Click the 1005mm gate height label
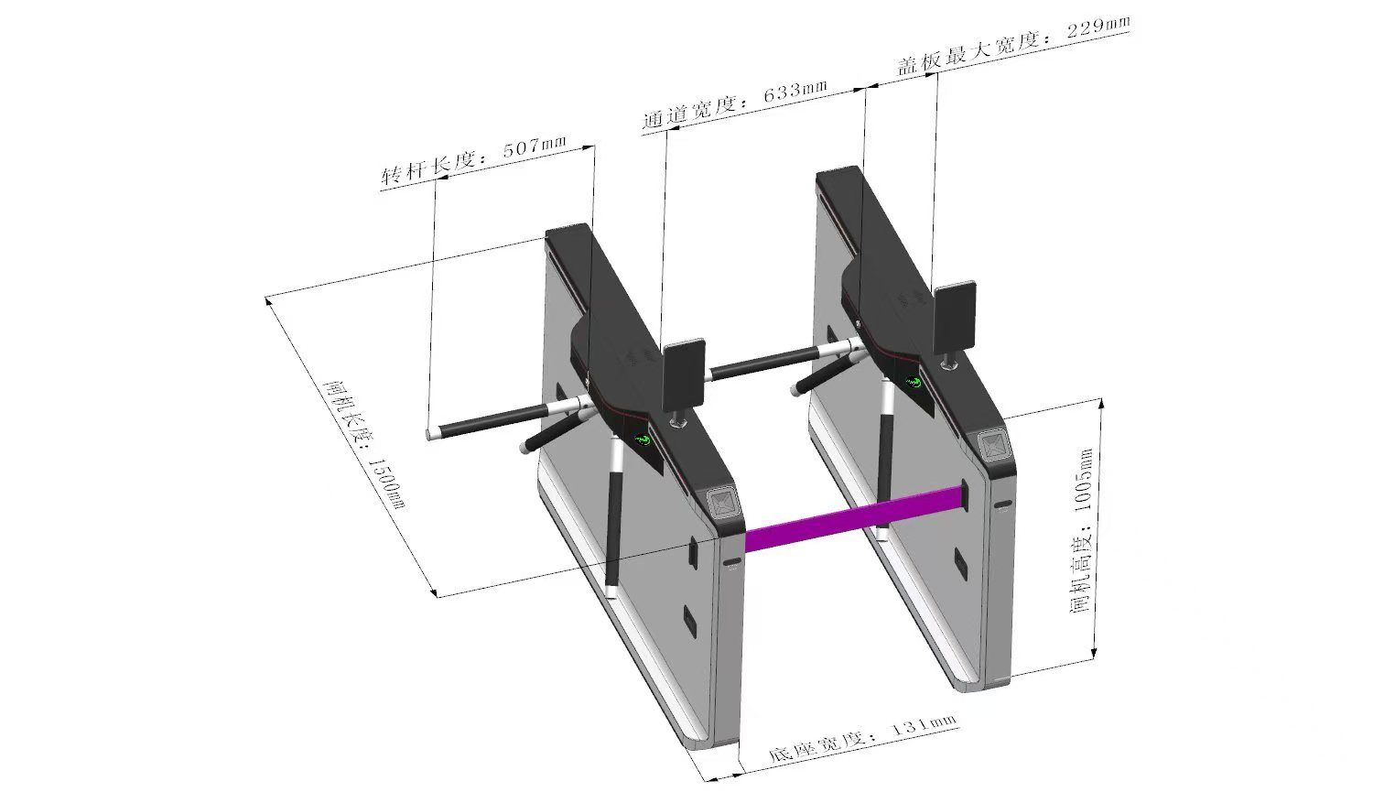pyautogui.click(x=1081, y=531)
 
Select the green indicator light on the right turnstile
pyautogui.click(x=914, y=381)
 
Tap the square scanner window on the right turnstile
pyautogui.click(x=993, y=445)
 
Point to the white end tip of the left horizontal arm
pyautogui.click(x=431, y=435)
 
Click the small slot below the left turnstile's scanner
pyautogui.click(x=732, y=561)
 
